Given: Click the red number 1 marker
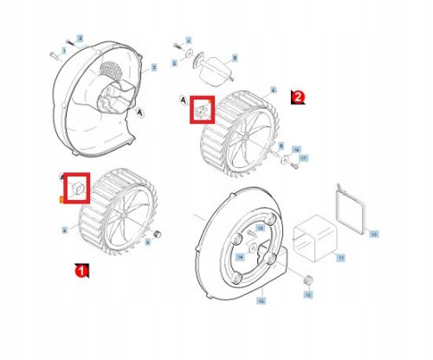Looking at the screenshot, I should coord(81,271).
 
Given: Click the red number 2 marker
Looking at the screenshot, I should coord(297,97).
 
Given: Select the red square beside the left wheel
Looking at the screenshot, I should coord(77,187).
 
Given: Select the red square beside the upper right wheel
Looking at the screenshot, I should coord(202,110).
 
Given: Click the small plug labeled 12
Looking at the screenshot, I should coord(306,280).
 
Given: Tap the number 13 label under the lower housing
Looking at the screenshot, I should coord(261,299).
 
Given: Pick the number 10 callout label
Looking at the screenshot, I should coord(373,234).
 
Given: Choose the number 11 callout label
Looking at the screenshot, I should coord(340,258).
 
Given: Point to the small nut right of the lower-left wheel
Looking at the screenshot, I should coord(158,235).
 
